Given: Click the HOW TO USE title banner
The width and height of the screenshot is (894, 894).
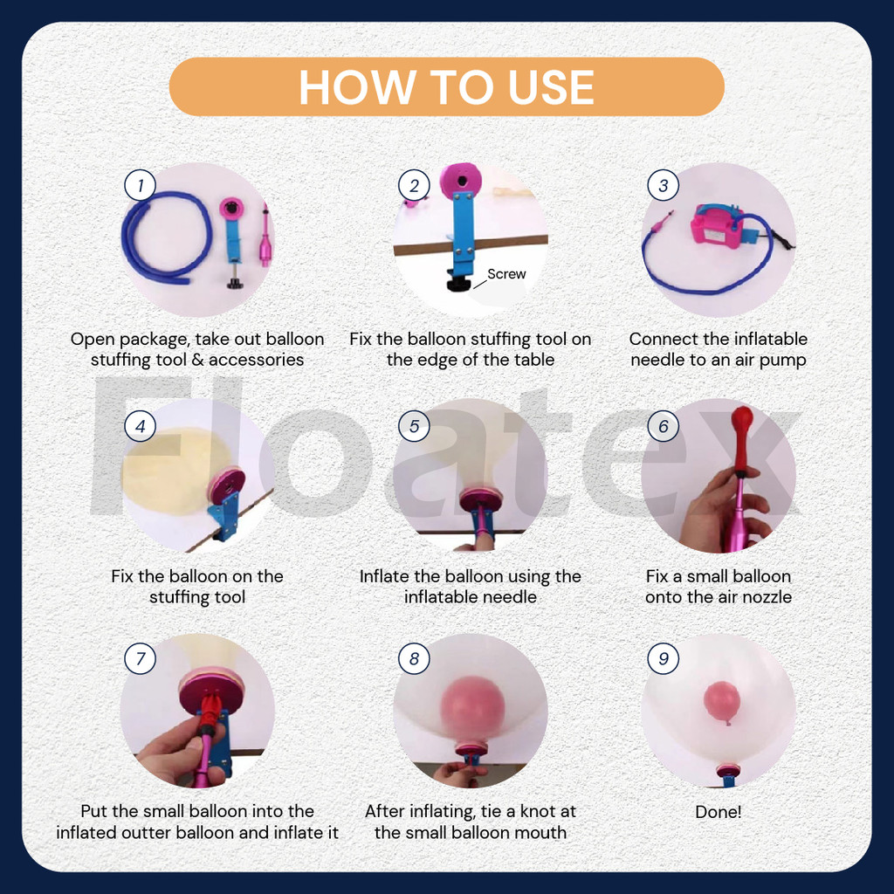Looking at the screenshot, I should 446,86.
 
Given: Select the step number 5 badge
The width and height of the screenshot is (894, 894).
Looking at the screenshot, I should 414,426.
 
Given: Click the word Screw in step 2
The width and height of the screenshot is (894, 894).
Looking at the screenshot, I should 506,274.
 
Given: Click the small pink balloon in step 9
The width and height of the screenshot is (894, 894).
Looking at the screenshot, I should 722,700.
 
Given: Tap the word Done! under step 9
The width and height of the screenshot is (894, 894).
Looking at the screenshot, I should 718,812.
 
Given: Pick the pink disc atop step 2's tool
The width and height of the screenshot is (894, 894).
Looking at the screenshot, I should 460,182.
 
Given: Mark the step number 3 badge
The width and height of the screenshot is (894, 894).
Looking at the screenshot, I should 664,185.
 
